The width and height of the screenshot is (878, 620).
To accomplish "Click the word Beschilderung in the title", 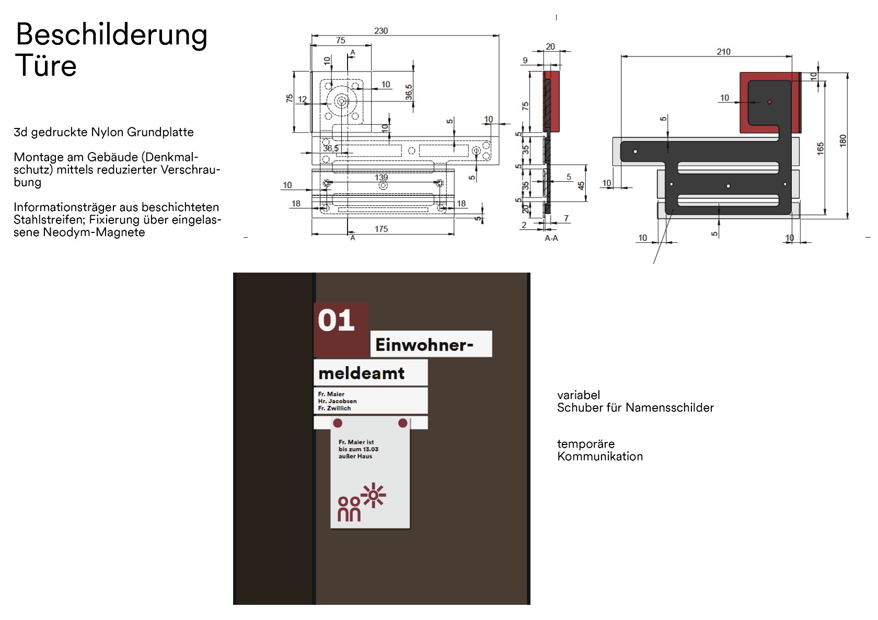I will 111,36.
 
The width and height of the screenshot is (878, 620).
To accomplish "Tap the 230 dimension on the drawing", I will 381,31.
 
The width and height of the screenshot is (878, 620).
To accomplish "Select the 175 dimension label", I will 381,229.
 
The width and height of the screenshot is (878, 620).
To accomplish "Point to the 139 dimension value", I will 381,178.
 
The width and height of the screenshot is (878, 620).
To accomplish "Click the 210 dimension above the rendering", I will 723,52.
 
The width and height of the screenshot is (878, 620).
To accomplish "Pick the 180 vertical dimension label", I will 842,141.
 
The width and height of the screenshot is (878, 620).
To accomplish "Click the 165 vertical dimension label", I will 820,148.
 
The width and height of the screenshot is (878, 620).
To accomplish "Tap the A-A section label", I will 551,238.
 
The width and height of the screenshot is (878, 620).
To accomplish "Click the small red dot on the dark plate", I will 769,102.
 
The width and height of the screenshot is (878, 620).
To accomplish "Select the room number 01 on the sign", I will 336,321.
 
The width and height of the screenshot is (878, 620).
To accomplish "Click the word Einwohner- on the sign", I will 424,345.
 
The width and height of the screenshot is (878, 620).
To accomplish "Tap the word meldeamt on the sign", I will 361,373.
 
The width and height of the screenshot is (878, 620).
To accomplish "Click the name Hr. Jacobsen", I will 337,401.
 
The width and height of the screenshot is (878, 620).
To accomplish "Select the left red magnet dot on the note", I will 338,423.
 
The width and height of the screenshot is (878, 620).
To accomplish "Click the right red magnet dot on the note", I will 402,423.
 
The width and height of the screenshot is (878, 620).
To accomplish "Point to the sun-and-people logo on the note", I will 361,502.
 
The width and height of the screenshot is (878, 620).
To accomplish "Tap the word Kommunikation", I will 600,457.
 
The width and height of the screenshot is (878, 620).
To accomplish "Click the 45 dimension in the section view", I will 581,185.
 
